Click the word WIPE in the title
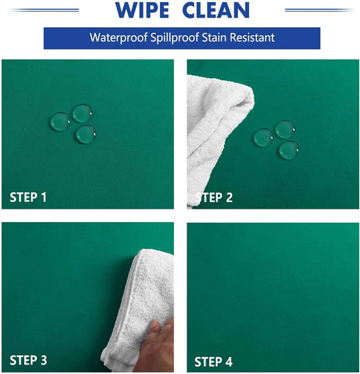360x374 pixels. click(x=143, y=10)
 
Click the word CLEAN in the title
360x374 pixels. click(x=216, y=10)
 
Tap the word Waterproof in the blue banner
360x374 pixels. click(x=118, y=37)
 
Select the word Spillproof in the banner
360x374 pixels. click(x=175, y=37)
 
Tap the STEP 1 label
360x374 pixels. click(x=28, y=197)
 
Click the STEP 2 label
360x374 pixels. click(x=214, y=198)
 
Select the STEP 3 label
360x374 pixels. click(x=28, y=360)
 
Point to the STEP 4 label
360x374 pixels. click(x=213, y=362)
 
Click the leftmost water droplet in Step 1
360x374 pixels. click(x=60, y=122)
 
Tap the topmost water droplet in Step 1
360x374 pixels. click(x=82, y=113)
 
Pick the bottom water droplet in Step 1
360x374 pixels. click(x=86, y=134)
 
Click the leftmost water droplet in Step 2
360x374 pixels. click(x=263, y=137)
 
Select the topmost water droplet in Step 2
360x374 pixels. click(x=285, y=129)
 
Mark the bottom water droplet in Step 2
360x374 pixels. click(x=289, y=151)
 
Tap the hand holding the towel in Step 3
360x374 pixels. click(x=156, y=348)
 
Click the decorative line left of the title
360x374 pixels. click(x=45, y=10)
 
